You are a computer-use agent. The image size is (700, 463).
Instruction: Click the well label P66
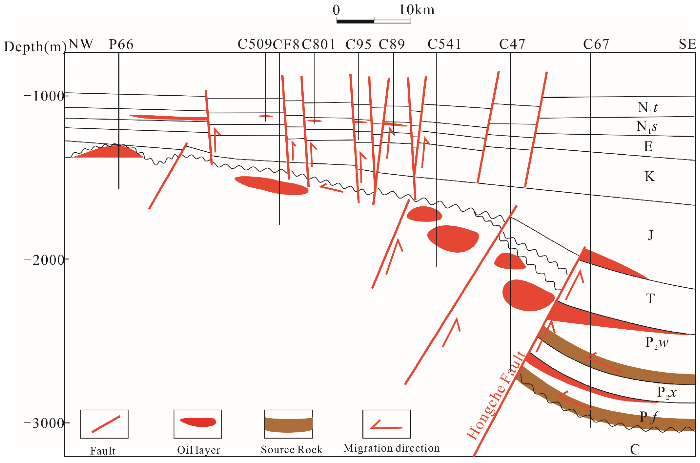(x=121, y=45)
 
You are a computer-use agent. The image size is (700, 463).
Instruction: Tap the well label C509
(x=254, y=45)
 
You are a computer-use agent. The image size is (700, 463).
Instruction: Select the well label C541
(x=444, y=45)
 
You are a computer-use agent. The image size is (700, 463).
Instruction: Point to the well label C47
(x=512, y=45)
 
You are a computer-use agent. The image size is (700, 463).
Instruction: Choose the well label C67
(x=596, y=45)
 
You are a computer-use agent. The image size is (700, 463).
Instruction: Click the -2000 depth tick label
(x=44, y=260)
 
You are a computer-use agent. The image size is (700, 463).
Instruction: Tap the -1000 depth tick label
(x=44, y=96)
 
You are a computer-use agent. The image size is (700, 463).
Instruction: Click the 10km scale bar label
(x=417, y=10)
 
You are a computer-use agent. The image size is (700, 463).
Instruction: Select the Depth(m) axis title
(x=35, y=47)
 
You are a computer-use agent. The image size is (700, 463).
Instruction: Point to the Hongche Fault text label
(x=496, y=396)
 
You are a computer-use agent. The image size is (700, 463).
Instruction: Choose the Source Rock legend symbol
(x=288, y=424)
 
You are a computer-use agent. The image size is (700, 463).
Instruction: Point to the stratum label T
(x=650, y=299)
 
